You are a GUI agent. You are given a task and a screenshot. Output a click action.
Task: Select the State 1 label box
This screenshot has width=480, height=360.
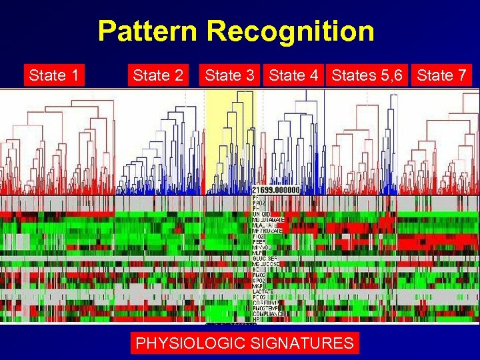point(53,75)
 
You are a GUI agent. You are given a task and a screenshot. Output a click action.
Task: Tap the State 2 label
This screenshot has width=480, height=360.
point(158,75)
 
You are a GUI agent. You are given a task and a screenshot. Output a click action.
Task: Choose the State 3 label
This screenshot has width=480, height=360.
point(230,75)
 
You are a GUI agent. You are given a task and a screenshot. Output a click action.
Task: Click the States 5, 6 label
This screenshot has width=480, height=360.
point(367,75)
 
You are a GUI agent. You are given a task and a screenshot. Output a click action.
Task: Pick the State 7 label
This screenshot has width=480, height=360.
point(441,75)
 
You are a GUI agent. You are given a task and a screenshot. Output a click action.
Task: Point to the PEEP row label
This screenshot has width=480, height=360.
point(259,242)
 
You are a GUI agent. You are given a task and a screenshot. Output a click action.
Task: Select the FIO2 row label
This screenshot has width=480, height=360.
point(259,236)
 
